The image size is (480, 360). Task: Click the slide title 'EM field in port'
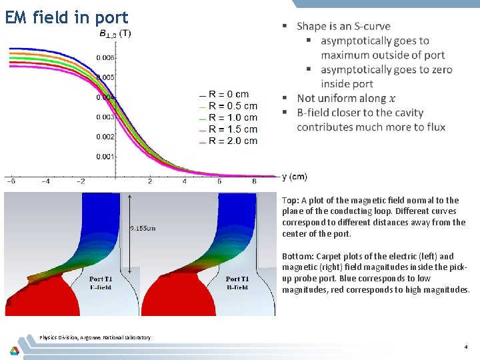[66, 17]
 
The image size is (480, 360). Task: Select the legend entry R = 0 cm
[228, 95]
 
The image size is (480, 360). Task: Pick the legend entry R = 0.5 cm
[232, 106]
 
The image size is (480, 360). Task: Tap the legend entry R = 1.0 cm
[232, 117]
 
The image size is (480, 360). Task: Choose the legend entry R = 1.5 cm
[232, 129]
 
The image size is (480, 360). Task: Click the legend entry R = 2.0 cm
[232, 141]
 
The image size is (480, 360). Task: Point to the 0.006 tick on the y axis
[105, 58]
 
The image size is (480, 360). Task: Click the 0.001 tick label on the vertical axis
[105, 157]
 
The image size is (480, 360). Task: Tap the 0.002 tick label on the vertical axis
[105, 137]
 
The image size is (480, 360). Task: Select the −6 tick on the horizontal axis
[11, 181]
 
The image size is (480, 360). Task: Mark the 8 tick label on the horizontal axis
[254, 181]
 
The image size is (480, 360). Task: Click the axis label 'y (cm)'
[295, 177]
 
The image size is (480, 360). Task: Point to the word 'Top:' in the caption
[290, 200]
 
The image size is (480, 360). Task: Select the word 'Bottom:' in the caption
[297, 256]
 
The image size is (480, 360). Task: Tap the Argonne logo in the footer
[14, 349]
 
